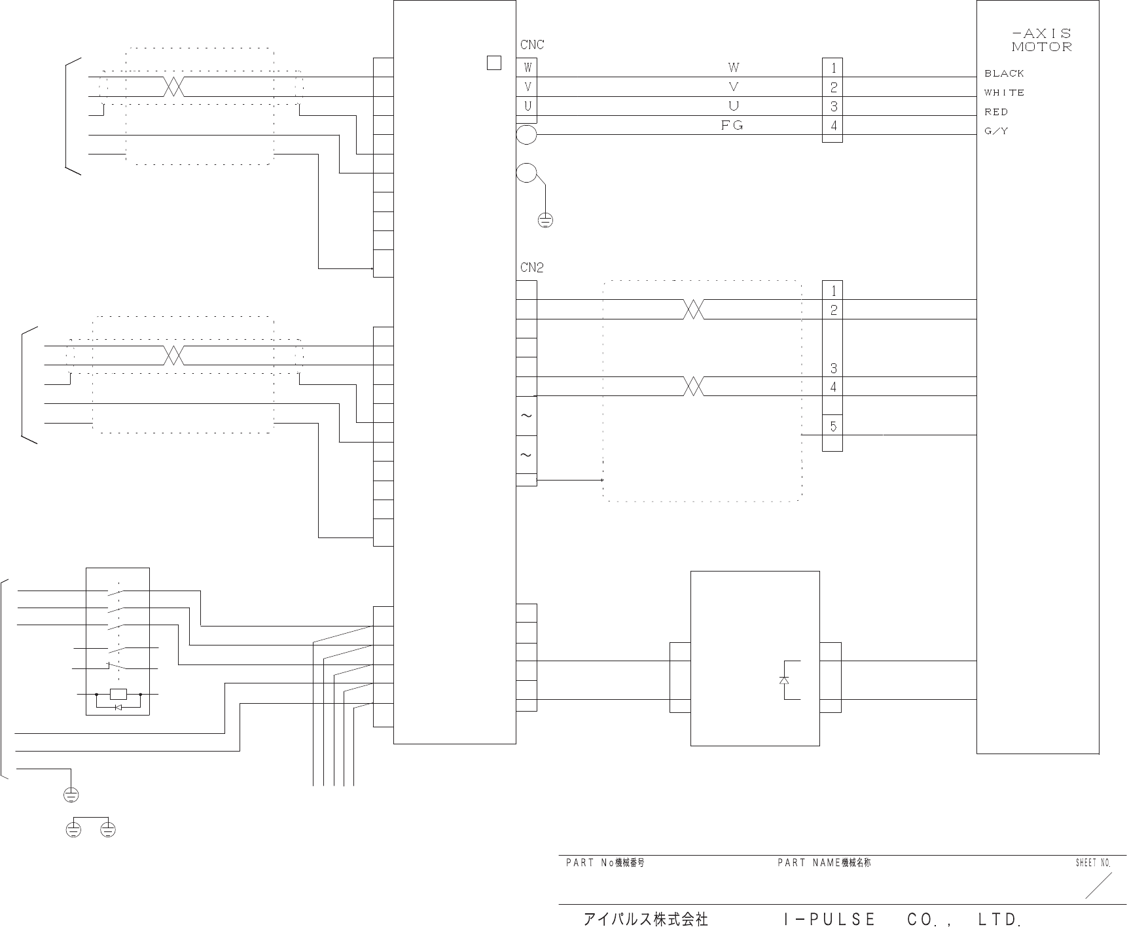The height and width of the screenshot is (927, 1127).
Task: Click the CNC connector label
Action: click(531, 45)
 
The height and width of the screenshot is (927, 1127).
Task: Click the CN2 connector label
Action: click(531, 268)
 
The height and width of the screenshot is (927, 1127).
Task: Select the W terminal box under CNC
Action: click(527, 67)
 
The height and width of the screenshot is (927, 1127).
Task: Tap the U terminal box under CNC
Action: click(527, 106)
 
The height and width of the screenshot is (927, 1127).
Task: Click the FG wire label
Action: click(732, 125)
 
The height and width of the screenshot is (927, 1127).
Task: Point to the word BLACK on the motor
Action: click(1004, 73)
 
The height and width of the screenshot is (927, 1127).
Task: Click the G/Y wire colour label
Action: click(996, 131)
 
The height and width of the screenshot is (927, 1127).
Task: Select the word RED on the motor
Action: click(996, 112)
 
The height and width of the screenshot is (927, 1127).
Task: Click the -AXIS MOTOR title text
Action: click(1041, 40)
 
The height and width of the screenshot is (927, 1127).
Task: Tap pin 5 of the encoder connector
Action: click(832, 426)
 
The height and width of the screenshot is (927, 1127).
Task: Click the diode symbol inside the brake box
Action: click(784, 680)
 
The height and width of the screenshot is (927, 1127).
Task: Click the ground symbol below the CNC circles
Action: click(545, 221)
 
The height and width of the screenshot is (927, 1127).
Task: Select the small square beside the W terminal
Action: click(494, 63)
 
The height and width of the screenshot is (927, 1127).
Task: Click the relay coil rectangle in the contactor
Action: click(118, 694)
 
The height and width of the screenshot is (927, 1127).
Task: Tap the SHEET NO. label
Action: click(1093, 863)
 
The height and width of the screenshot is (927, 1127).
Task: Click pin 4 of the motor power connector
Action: click(832, 125)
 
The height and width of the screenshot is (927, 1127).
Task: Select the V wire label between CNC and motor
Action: click(733, 86)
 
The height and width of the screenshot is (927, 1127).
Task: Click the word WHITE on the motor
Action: click(1004, 93)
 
